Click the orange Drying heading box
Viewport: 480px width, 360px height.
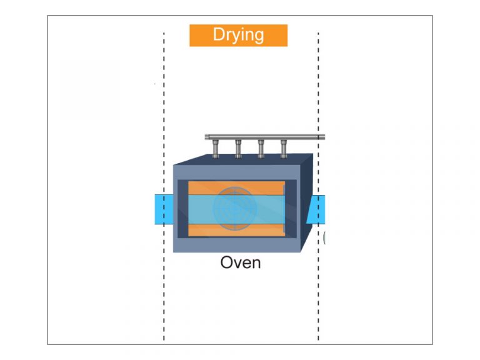[238, 35]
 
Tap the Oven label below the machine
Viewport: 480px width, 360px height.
[240, 262]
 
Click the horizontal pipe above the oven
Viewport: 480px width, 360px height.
[262, 136]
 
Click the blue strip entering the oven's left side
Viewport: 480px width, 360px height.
[163, 209]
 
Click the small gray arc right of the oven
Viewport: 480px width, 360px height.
[324, 237]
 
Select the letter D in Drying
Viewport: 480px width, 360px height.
[219, 35]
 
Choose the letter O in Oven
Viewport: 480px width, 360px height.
[227, 262]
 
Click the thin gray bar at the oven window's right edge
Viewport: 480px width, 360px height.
[284, 209]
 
